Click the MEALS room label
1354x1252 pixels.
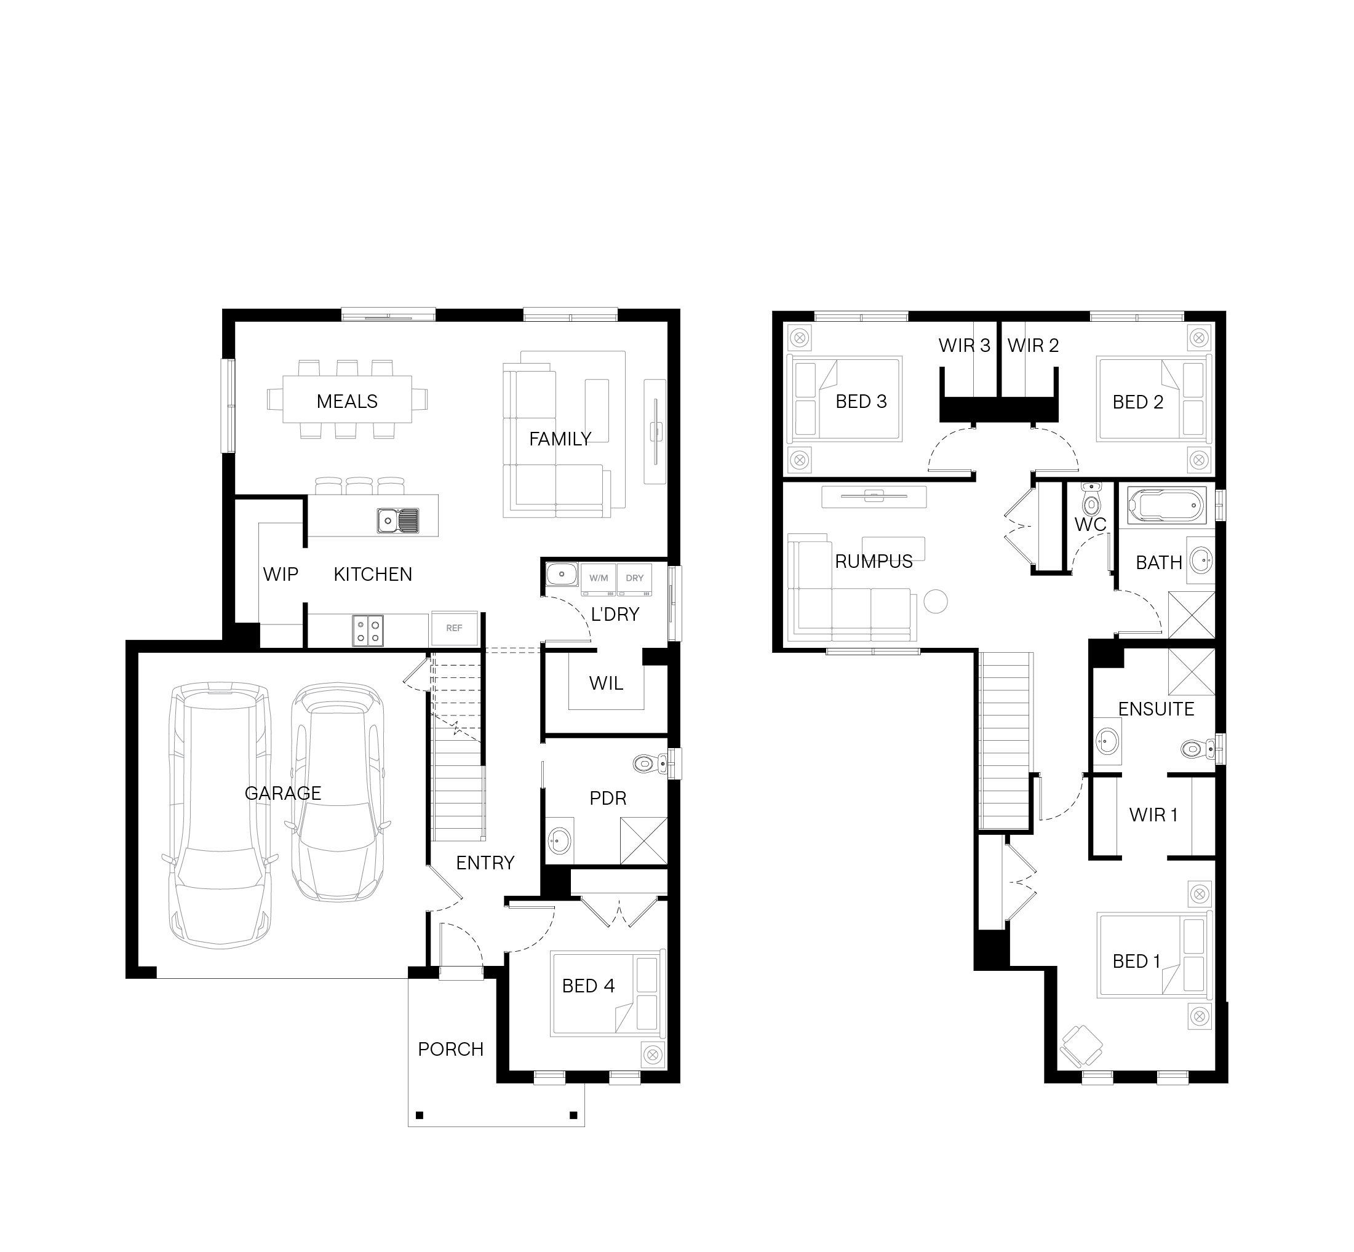click(x=347, y=401)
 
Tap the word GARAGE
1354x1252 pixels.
click(x=282, y=792)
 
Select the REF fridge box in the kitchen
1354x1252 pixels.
click(x=455, y=628)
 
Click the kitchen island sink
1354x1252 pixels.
click(x=398, y=520)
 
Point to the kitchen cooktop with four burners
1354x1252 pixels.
click(x=368, y=630)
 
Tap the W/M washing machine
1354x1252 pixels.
click(x=599, y=578)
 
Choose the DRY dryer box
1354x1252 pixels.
click(x=635, y=578)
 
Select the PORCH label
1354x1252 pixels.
click(x=450, y=1050)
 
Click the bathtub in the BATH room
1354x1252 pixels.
click(x=1166, y=504)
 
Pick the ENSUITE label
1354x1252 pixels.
click(x=1155, y=709)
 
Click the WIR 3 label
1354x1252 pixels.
click(x=965, y=346)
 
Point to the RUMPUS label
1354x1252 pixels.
click(x=874, y=561)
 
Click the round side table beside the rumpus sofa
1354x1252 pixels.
click(x=936, y=601)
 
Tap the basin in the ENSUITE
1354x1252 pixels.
click(x=1107, y=741)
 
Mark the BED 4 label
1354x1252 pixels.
click(x=588, y=986)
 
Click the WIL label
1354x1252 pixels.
click(x=605, y=683)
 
